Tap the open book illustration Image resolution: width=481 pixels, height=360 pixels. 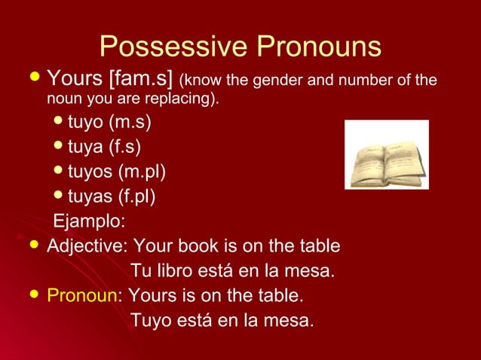[x=386, y=155]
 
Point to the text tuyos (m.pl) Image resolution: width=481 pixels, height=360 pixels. [x=117, y=172]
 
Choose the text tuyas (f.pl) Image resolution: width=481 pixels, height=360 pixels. [x=112, y=197]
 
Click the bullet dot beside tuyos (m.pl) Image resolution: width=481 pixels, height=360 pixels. [x=60, y=171]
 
